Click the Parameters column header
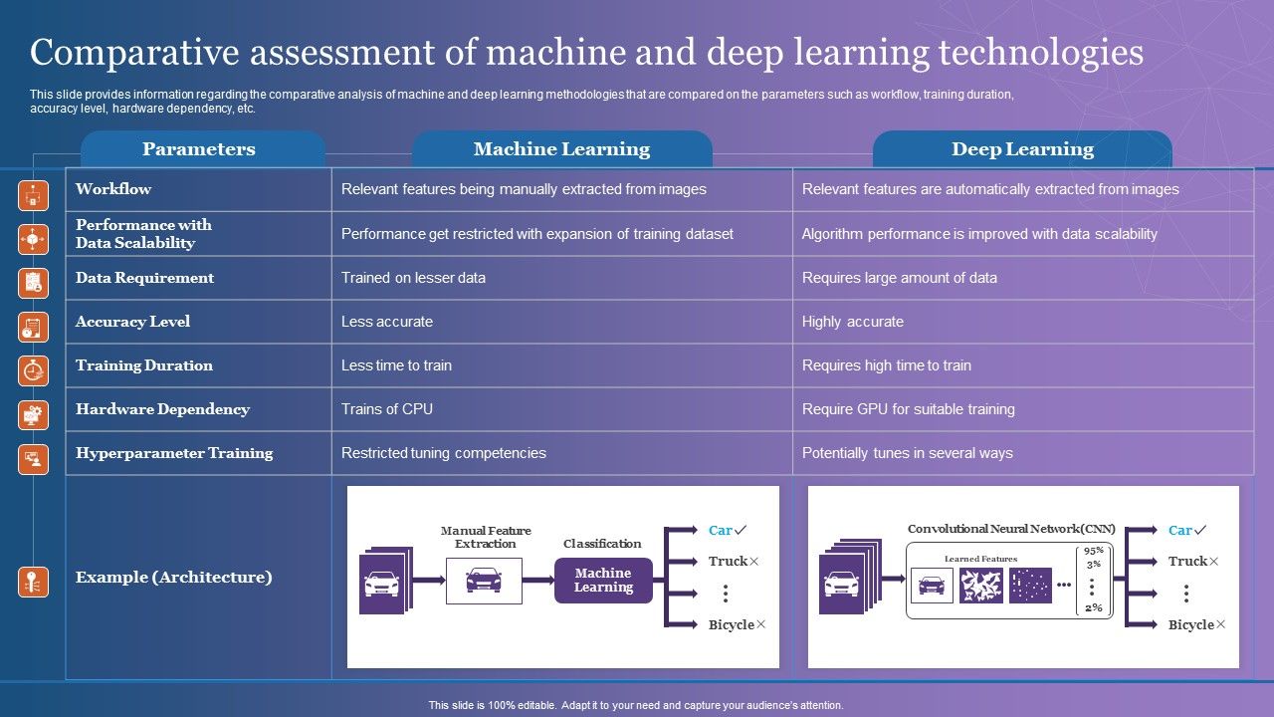(x=199, y=149)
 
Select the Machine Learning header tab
(x=561, y=149)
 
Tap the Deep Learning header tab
(x=1022, y=149)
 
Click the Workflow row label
(x=113, y=189)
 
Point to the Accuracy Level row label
(x=132, y=322)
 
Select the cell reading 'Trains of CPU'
(x=387, y=409)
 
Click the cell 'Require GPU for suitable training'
(x=908, y=409)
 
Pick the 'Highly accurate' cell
(x=853, y=322)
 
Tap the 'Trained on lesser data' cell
(x=413, y=278)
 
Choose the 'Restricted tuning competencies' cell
(x=444, y=453)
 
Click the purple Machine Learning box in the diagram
(x=603, y=581)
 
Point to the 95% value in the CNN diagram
(x=1094, y=551)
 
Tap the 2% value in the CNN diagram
(x=1094, y=607)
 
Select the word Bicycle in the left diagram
(x=732, y=624)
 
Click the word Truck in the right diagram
(x=1187, y=562)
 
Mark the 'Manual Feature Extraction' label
(x=486, y=537)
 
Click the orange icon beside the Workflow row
(x=33, y=196)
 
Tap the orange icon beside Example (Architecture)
(x=33, y=582)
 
